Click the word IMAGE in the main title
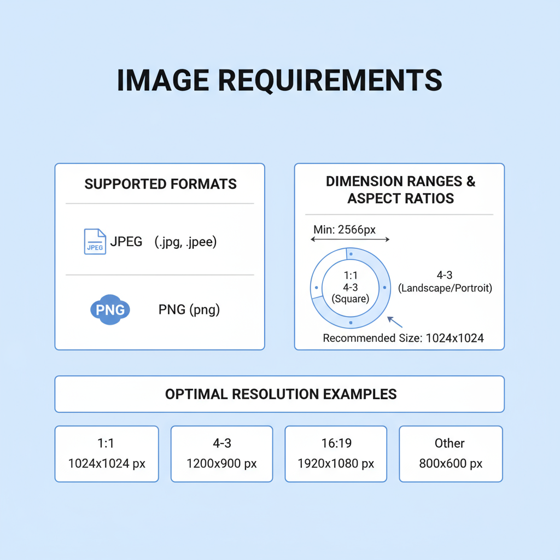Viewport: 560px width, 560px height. (163, 80)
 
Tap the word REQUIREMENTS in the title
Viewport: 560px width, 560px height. (330, 81)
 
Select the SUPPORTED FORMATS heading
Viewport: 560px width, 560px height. (160, 184)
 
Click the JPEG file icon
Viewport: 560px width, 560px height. (95, 241)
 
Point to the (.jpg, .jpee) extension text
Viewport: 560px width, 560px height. (185, 242)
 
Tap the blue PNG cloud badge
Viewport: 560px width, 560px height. (110, 310)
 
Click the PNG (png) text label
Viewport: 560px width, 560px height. (189, 310)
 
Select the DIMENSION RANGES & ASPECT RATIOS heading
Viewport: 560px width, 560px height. (400, 190)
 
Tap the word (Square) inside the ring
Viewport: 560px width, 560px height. (351, 299)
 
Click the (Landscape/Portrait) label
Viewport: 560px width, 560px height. (445, 288)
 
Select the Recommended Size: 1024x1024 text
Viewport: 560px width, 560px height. (403, 338)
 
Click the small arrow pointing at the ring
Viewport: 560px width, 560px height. (395, 322)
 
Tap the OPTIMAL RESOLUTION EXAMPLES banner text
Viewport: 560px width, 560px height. (281, 394)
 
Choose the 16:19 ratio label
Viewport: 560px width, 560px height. (336, 443)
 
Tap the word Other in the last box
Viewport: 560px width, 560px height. (450, 443)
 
